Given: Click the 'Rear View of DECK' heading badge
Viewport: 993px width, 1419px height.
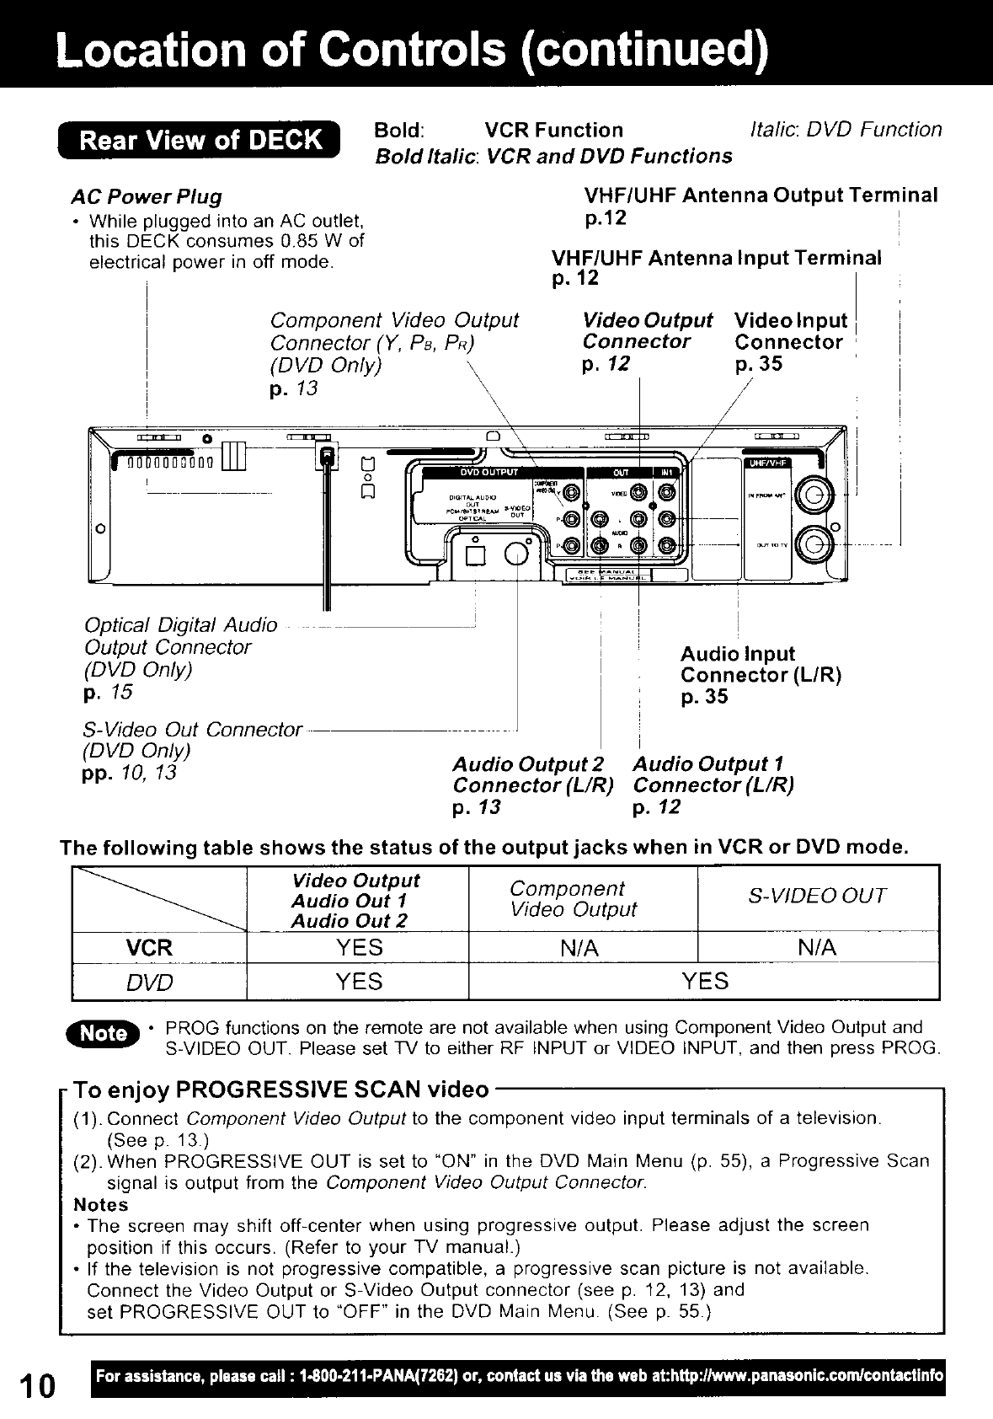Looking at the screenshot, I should pos(200,140).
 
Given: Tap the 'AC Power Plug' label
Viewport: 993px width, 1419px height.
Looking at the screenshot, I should pos(147,197).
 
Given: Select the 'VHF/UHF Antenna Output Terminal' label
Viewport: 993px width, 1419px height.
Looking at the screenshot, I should pos(761,195).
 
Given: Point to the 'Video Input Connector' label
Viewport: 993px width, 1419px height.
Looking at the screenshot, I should pos(789,332).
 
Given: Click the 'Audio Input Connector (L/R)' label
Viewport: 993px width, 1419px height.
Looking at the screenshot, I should pos(761,665).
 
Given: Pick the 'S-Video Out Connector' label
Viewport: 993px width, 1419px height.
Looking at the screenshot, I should pos(193,729).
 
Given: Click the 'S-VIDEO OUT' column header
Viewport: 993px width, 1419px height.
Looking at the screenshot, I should pos(817,896).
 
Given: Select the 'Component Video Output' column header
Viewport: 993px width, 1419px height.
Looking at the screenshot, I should pos(574,899).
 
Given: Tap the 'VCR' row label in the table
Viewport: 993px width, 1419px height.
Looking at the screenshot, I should pos(149,947).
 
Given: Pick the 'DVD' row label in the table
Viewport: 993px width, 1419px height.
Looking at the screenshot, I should pos(149,983).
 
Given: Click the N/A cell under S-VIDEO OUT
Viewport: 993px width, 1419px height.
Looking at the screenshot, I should pos(817,948).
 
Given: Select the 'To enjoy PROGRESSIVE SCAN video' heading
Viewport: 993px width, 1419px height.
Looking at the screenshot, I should pos(281,1090).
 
